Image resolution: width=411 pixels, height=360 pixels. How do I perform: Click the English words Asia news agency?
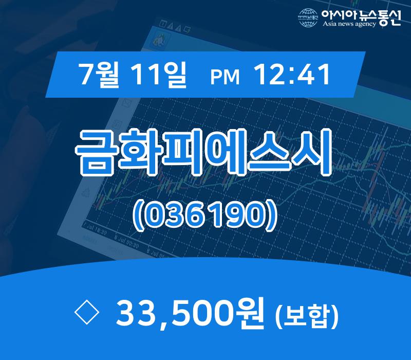coord(349,24)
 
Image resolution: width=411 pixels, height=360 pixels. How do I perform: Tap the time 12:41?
coord(291,76)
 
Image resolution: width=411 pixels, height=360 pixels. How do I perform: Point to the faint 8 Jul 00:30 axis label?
coord(127,242)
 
